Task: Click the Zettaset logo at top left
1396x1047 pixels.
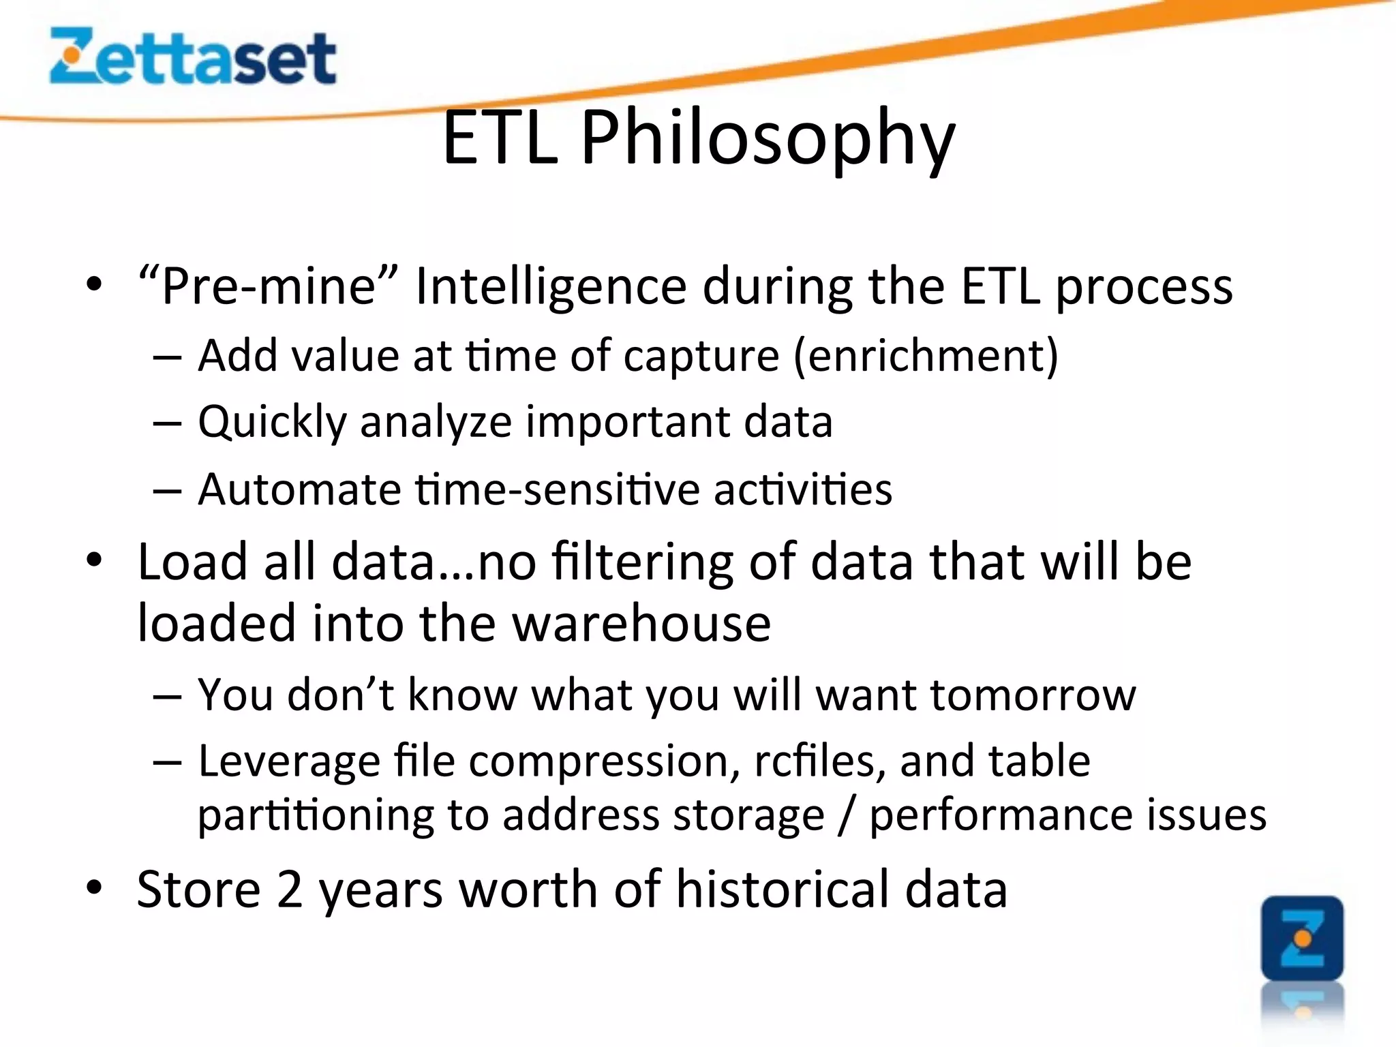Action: [x=193, y=57]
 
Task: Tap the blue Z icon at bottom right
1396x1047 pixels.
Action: [x=1302, y=939]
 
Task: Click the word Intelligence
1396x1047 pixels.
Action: [x=550, y=286]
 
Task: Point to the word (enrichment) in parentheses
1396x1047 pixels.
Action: [x=926, y=355]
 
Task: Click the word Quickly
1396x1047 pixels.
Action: [x=272, y=422]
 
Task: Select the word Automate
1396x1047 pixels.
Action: [x=299, y=489]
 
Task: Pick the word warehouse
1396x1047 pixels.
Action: [x=641, y=623]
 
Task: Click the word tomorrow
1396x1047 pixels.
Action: [x=1033, y=695]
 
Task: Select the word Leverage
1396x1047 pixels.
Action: [x=289, y=761]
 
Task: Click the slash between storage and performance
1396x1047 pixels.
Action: [x=846, y=815]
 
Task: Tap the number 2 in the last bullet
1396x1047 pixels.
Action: [x=290, y=890]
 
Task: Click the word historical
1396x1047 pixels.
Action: [x=783, y=890]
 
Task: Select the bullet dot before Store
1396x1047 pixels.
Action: [x=94, y=887]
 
